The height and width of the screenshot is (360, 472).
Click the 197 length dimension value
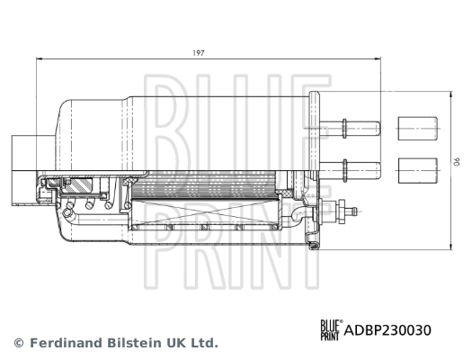(x=199, y=53)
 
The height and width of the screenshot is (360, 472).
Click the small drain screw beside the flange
(x=346, y=212)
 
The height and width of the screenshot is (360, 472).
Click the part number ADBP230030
(x=386, y=329)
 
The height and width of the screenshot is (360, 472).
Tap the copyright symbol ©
(x=18, y=343)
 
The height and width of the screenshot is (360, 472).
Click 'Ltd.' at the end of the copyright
(x=204, y=343)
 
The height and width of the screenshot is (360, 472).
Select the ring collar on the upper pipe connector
(x=344, y=126)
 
